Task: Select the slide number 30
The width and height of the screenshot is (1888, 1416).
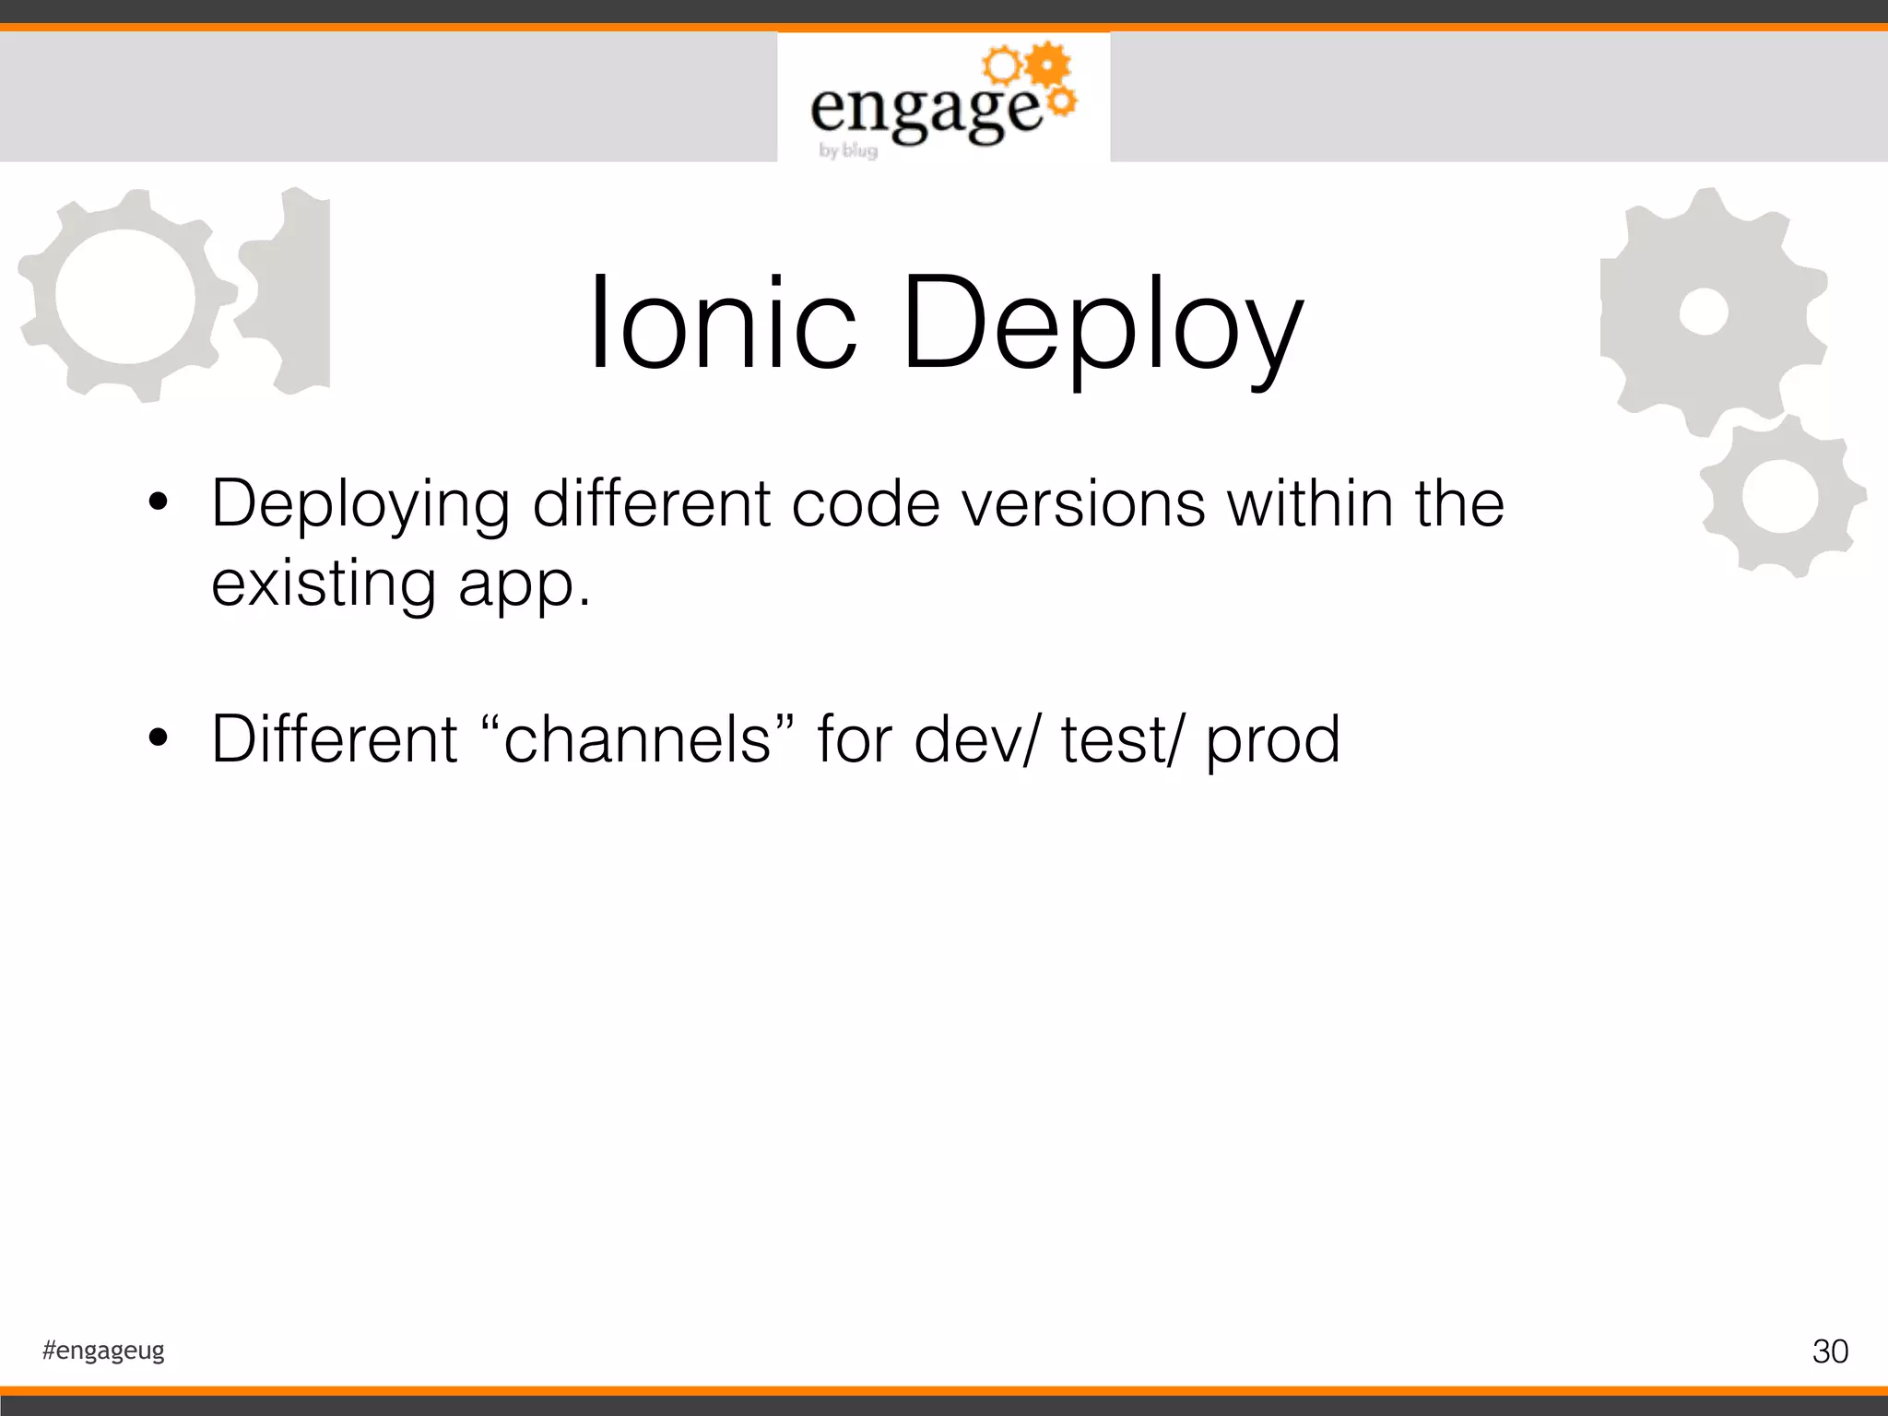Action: pos(1829,1351)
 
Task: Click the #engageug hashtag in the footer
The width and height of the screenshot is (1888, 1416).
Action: pos(103,1351)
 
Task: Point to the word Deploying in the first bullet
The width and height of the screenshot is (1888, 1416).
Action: pos(360,505)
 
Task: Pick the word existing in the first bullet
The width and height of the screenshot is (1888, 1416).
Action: pos(324,584)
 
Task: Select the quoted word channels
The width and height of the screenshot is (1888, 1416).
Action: pos(637,739)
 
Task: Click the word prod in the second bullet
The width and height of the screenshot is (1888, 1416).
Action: pos(1273,739)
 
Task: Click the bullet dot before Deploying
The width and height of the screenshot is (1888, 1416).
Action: pos(159,503)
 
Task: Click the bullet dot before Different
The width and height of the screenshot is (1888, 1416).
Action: pos(159,737)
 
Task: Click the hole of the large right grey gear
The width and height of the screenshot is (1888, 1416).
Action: pos(1704,312)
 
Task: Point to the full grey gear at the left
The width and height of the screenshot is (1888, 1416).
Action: pos(125,295)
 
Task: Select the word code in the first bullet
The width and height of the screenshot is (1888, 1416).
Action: pos(865,504)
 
